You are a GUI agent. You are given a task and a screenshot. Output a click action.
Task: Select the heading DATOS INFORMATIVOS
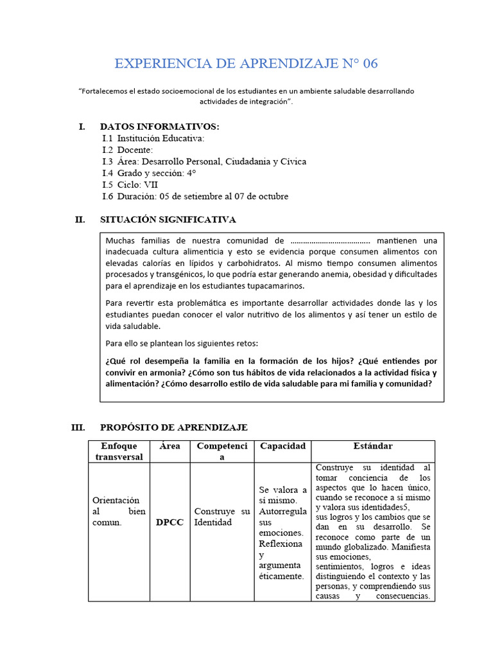click(x=160, y=127)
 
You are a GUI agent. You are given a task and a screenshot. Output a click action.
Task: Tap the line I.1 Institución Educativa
click(x=153, y=138)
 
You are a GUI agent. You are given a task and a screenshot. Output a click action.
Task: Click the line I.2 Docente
click(x=128, y=150)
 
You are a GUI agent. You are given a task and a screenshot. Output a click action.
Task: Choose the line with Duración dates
click(x=195, y=196)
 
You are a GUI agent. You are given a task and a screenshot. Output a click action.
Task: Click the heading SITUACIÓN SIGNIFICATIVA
click(x=168, y=220)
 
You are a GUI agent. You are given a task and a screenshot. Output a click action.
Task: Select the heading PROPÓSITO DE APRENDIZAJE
click(x=173, y=427)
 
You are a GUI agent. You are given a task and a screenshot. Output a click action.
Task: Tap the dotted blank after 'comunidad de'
click(x=330, y=240)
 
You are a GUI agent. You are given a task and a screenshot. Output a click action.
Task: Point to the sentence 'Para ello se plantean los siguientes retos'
click(x=182, y=343)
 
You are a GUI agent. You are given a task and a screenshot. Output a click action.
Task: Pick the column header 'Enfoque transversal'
click(x=119, y=451)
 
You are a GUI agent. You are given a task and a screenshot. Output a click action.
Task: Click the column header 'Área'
click(x=169, y=446)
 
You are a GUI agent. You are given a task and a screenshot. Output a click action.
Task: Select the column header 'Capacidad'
click(x=282, y=446)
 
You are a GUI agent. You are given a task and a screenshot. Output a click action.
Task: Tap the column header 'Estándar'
click(x=373, y=446)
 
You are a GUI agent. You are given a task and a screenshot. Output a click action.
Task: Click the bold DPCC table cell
click(x=169, y=522)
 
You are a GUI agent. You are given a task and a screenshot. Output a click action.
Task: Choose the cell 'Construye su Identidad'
click(x=221, y=517)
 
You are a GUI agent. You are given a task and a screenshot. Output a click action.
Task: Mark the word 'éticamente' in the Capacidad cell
click(x=281, y=576)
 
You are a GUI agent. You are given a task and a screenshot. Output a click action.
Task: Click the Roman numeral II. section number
click(x=80, y=220)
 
